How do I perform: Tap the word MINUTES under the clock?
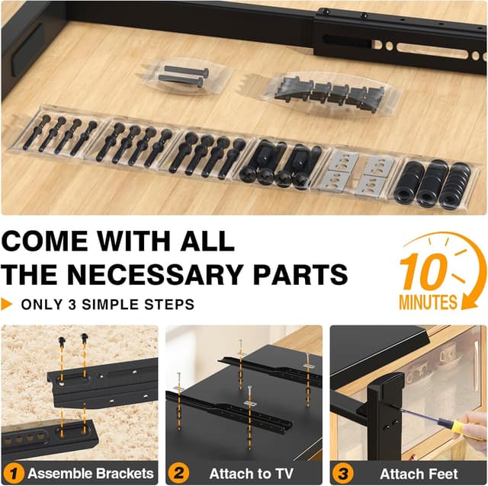click(428, 302)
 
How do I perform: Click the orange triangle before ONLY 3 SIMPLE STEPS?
click(8, 305)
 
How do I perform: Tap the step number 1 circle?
click(14, 473)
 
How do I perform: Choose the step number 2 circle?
click(177, 473)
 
